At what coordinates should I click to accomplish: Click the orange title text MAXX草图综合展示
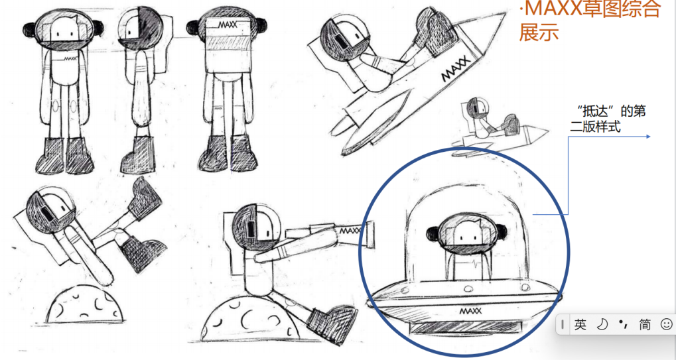(x=590, y=21)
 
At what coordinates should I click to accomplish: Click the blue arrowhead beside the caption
(x=647, y=137)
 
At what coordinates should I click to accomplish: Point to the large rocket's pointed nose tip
(x=506, y=12)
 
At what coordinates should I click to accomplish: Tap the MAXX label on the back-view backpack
(x=228, y=25)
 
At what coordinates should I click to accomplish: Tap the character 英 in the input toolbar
(x=580, y=324)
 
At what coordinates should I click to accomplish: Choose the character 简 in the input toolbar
(x=645, y=324)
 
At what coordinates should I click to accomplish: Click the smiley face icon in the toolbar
(x=666, y=324)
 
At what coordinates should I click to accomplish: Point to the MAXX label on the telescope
(x=351, y=231)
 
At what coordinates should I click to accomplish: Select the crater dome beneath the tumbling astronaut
(x=84, y=306)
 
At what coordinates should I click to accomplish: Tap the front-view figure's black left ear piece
(x=29, y=30)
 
